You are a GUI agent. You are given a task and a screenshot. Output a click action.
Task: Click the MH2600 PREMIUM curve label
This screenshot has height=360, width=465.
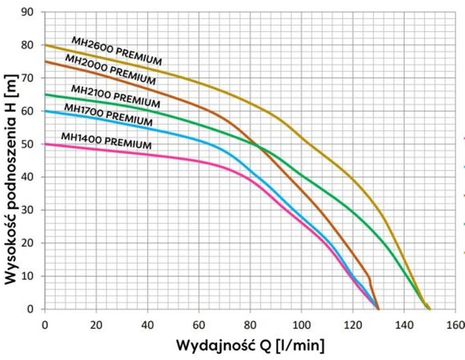[x=116, y=49]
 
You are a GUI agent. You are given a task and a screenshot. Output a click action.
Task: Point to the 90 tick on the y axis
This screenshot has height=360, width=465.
[x=28, y=12]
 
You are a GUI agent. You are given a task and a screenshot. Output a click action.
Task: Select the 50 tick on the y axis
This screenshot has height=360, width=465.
[x=28, y=144]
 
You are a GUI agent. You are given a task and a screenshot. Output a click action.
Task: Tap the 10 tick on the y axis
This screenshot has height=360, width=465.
[x=28, y=276]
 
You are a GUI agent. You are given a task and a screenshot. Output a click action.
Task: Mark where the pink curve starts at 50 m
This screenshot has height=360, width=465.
[x=45, y=144]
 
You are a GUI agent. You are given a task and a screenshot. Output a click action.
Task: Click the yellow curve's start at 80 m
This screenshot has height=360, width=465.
[x=45, y=45]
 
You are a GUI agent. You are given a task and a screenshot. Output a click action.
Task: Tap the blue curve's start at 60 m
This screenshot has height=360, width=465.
[x=45, y=111]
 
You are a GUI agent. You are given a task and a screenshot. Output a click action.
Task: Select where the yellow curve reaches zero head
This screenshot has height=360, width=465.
[x=429, y=308]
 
